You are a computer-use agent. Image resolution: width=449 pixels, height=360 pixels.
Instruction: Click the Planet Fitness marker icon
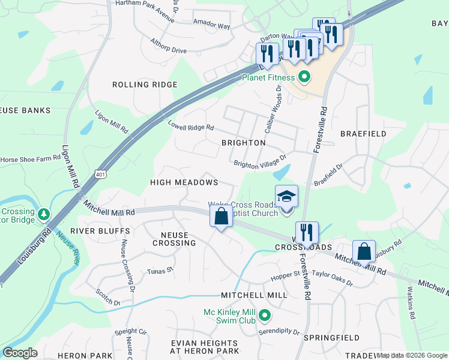click(x=304, y=77)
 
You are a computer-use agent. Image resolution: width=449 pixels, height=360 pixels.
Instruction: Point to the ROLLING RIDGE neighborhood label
click(x=145, y=85)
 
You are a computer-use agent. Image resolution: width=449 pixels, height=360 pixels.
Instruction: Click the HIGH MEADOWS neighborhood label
click(x=184, y=182)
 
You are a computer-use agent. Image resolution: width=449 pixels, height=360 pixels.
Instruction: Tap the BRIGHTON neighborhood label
click(x=243, y=143)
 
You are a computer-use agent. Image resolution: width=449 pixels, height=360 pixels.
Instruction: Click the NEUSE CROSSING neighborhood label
click(x=174, y=239)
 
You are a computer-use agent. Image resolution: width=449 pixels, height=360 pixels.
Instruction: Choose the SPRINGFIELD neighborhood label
click(x=331, y=338)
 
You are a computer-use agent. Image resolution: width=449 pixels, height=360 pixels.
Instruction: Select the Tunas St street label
click(x=160, y=271)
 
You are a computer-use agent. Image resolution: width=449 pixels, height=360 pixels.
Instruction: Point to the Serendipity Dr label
click(x=279, y=331)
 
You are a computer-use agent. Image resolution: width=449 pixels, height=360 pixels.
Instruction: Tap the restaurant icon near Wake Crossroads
click(x=306, y=232)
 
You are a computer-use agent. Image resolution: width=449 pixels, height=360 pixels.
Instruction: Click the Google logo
click(x=20, y=353)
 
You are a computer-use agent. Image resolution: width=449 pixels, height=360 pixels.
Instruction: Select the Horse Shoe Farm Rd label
click(x=31, y=159)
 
